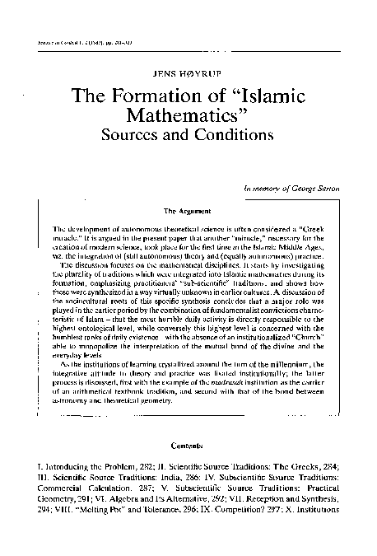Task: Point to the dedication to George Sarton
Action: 294,189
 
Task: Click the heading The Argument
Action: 188,211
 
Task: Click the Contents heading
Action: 188,446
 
